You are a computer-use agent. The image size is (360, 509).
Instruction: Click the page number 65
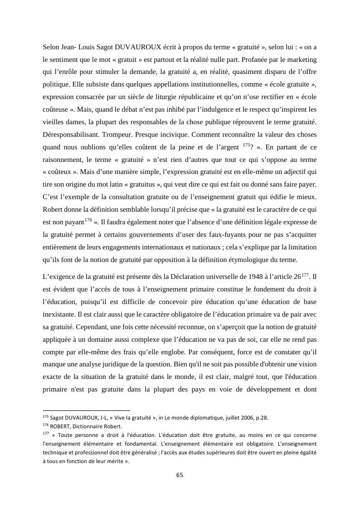(x=180, y=475)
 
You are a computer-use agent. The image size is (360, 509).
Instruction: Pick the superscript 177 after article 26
(x=305, y=275)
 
